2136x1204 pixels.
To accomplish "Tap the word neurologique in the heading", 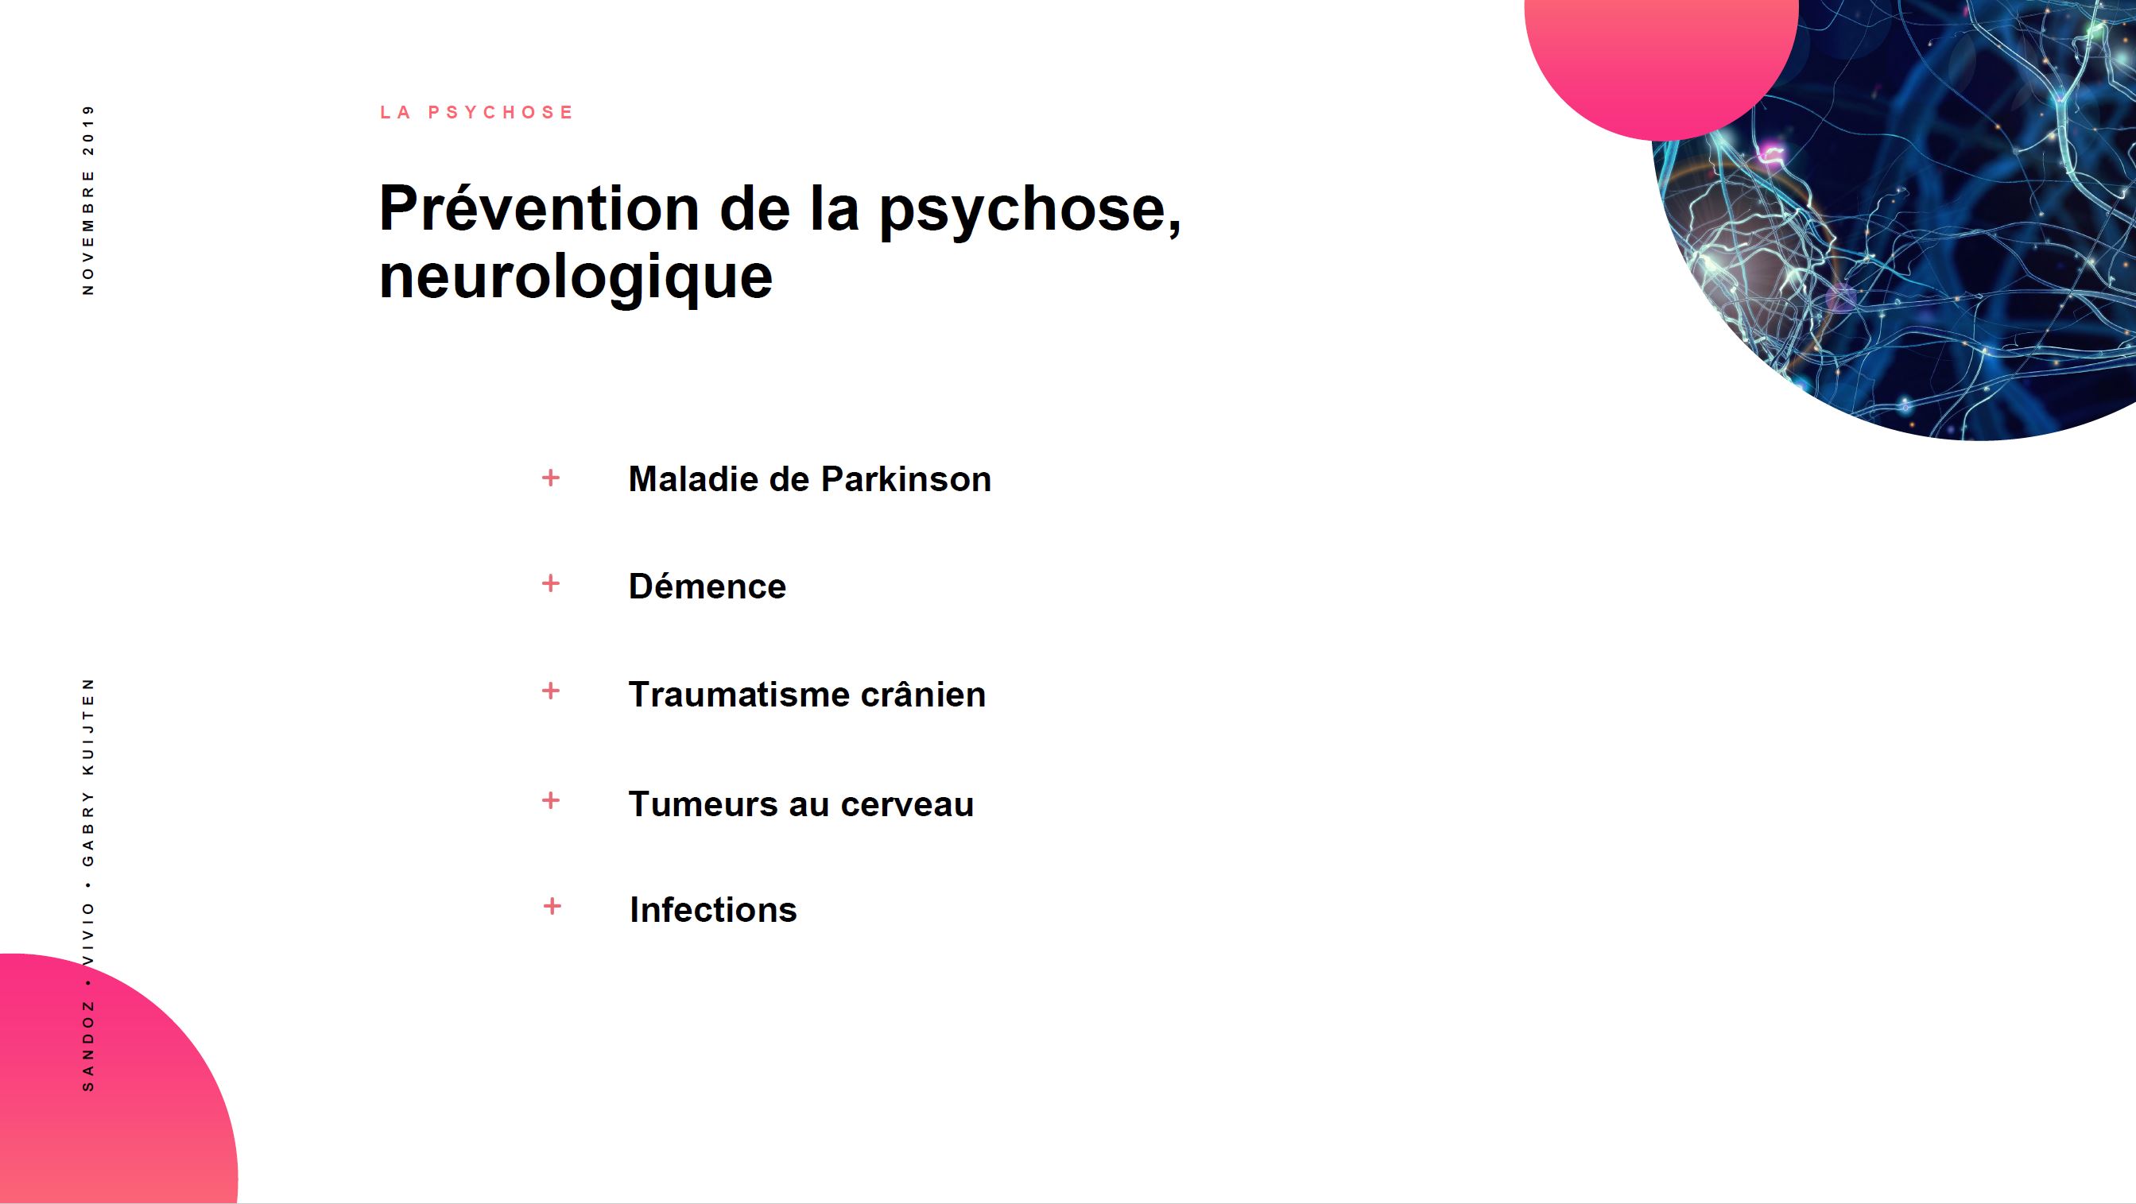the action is (x=576, y=279).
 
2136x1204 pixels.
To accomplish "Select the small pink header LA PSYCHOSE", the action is (x=477, y=112).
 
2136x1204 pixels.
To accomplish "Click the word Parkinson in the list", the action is (x=905, y=479).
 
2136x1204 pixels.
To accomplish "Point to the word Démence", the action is (x=707, y=587).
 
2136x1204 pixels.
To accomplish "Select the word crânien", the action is (x=923, y=694).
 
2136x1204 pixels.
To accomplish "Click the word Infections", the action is (x=713, y=910).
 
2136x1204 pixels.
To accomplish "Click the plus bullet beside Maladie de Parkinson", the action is (x=551, y=478).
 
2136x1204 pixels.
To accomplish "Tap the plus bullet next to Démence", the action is (x=551, y=584).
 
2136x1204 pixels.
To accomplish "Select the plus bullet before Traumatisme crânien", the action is (x=551, y=691).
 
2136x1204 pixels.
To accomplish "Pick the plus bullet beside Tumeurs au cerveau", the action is (x=551, y=800).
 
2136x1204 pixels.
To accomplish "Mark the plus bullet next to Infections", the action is (x=552, y=906).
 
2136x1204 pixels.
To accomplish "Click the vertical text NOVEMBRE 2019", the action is (x=89, y=199).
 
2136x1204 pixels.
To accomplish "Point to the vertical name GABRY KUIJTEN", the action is (x=89, y=772).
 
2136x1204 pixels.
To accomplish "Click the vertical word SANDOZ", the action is (x=89, y=1046).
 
